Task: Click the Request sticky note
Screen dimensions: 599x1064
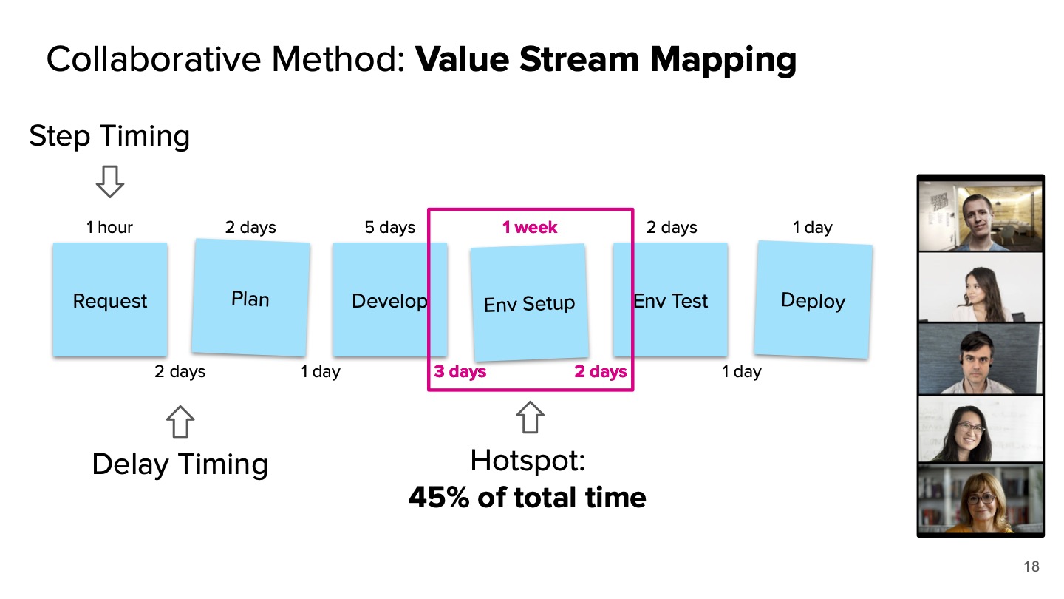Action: pos(109,299)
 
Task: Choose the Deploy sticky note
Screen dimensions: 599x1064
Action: pos(813,300)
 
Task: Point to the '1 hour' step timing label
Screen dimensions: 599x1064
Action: pos(109,227)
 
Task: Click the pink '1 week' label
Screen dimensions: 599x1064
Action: pos(530,227)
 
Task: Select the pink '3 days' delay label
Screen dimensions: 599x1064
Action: pos(460,371)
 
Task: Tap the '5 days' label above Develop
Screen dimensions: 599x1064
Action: pos(390,227)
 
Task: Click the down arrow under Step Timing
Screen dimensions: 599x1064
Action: pos(110,182)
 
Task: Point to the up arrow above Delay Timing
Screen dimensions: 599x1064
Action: pos(180,422)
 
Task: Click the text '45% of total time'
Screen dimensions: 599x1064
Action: pos(527,498)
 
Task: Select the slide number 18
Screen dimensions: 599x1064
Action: pos(1031,567)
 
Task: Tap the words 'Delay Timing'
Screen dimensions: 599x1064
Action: pos(180,464)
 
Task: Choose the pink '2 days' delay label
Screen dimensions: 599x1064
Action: pos(601,371)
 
